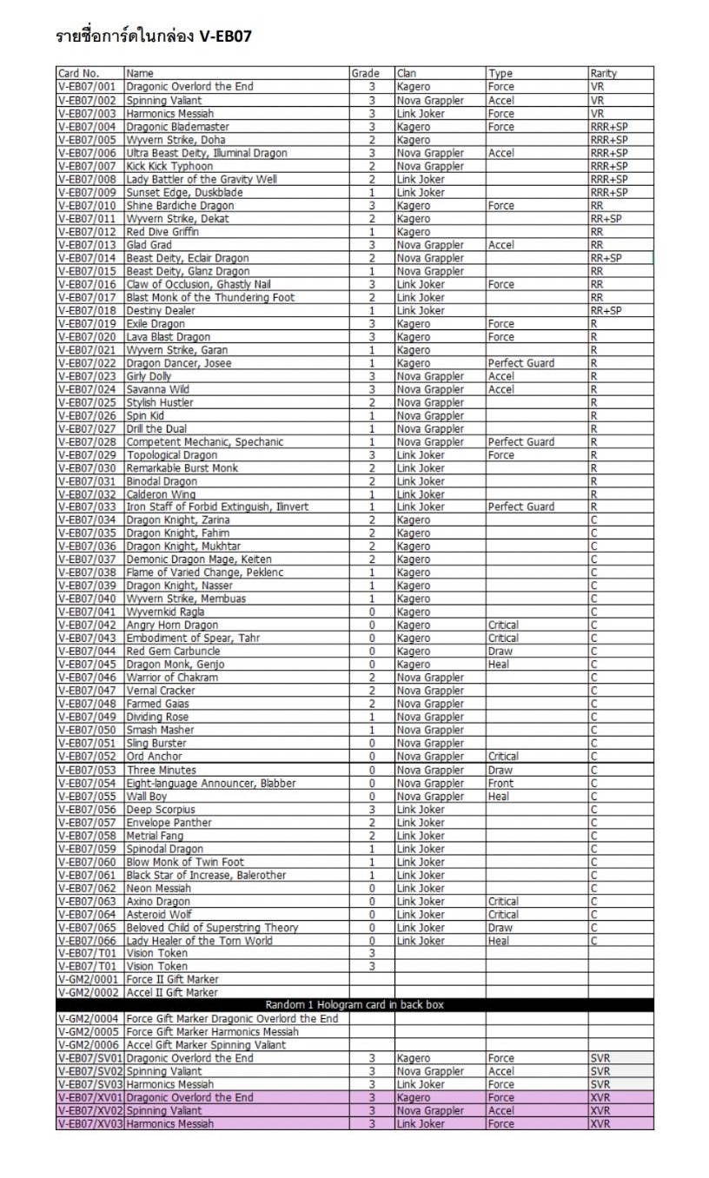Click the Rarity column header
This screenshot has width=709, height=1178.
(603, 74)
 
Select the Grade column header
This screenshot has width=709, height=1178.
(365, 74)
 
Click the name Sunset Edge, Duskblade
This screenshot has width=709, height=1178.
(184, 192)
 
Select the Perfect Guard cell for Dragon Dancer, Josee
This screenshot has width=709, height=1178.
(520, 363)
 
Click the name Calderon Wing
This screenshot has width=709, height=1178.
(162, 494)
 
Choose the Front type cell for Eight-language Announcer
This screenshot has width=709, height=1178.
(501, 783)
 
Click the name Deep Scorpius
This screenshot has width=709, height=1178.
(161, 810)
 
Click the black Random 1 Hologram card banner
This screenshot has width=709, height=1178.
(354, 1005)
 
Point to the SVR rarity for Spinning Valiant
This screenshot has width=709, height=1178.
(600, 1071)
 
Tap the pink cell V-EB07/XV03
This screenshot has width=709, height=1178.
(90, 1124)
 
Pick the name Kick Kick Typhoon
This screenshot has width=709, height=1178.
(169, 166)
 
